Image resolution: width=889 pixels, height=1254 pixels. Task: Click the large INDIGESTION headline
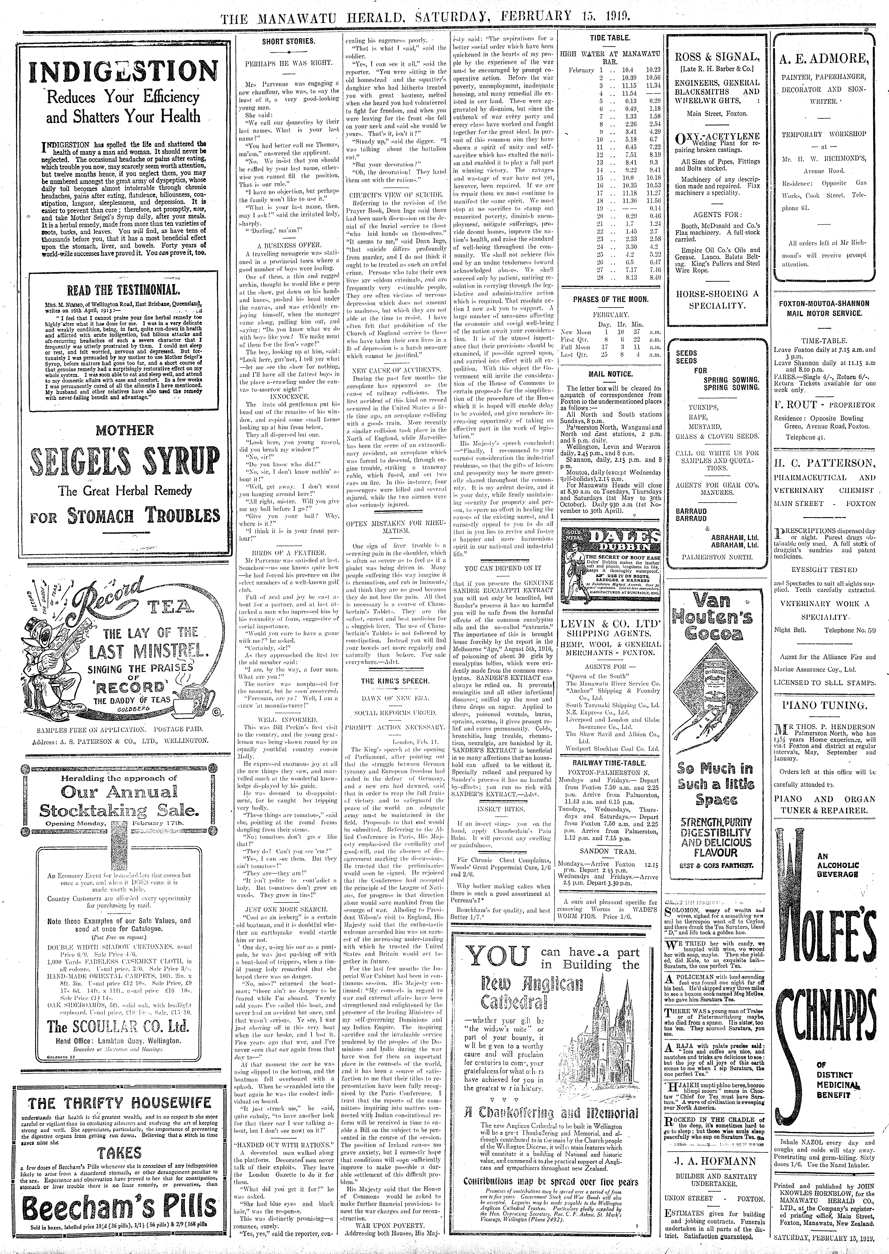(x=123, y=71)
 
